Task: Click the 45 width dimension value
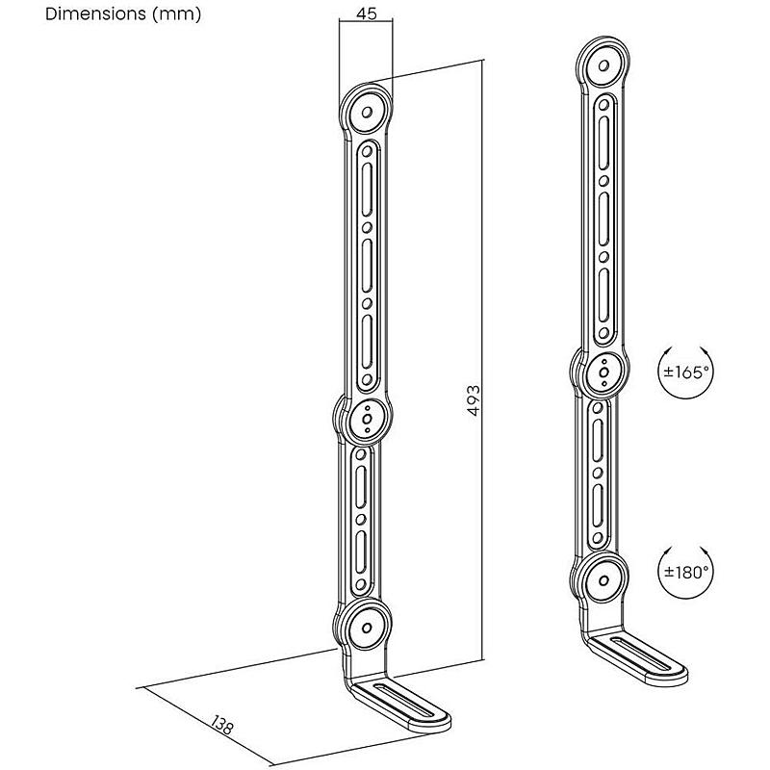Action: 367,13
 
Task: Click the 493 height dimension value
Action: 474,400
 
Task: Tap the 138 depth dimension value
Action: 222,725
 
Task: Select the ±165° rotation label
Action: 686,372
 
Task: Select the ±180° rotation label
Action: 686,572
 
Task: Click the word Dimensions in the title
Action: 95,13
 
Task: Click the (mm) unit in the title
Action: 177,14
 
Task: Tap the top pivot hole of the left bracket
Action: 367,113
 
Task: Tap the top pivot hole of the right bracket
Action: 604,65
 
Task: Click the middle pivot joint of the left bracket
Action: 367,419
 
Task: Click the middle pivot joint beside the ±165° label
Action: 604,372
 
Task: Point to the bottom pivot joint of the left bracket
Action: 367,628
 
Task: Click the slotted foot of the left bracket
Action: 400,706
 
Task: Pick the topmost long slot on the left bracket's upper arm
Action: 367,189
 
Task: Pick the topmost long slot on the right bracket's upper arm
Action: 604,142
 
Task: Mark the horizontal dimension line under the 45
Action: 367,21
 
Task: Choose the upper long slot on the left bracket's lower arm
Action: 361,487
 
